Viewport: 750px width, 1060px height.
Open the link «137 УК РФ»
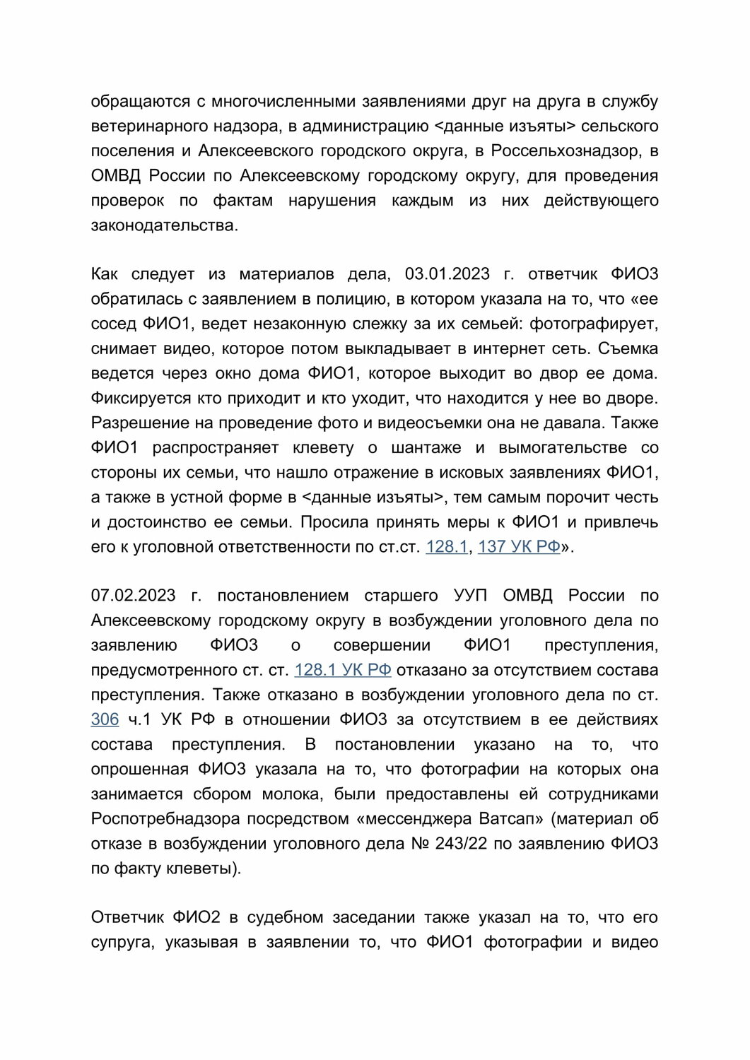click(x=519, y=546)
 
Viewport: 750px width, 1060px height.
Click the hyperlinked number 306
click(x=105, y=719)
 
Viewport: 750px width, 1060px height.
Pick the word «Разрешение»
click(x=141, y=423)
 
